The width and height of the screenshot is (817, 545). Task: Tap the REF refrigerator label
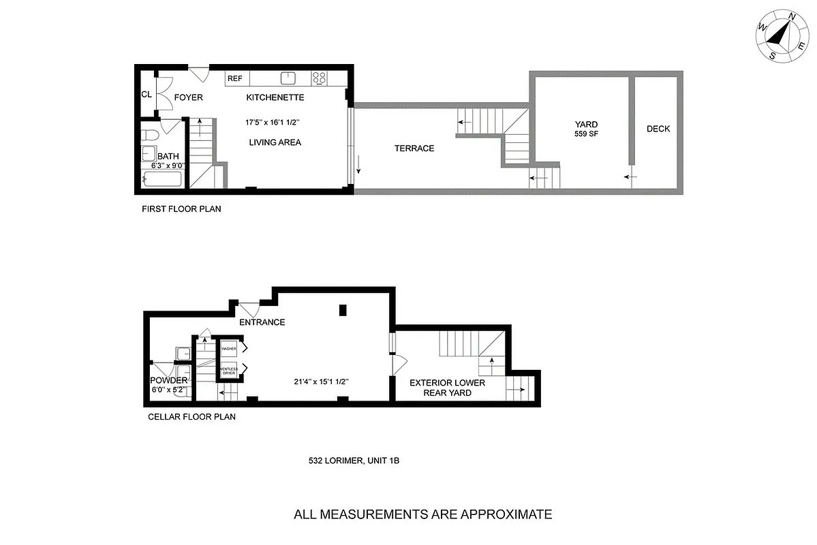pyautogui.click(x=234, y=78)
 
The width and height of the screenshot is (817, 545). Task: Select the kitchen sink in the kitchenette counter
pyautogui.click(x=289, y=78)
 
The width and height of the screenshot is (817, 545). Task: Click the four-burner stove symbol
pyautogui.click(x=319, y=78)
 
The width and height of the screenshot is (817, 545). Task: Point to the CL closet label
pyautogui.click(x=147, y=95)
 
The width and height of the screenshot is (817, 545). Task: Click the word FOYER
pyautogui.click(x=188, y=97)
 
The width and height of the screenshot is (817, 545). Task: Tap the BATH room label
pyautogui.click(x=168, y=157)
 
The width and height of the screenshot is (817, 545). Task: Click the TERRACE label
pyautogui.click(x=414, y=148)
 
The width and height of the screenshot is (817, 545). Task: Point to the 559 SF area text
pyautogui.click(x=586, y=134)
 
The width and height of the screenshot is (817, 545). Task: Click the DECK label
pyautogui.click(x=658, y=129)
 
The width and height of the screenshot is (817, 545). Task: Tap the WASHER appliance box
pyautogui.click(x=228, y=349)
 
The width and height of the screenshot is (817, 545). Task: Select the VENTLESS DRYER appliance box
pyautogui.click(x=228, y=372)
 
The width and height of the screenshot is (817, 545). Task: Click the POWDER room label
pyautogui.click(x=168, y=380)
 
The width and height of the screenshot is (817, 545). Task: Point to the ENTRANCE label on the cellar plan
pyautogui.click(x=262, y=322)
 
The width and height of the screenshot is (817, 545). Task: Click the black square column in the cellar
pyautogui.click(x=343, y=311)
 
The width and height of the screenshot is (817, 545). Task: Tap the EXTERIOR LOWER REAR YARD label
pyautogui.click(x=447, y=388)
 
